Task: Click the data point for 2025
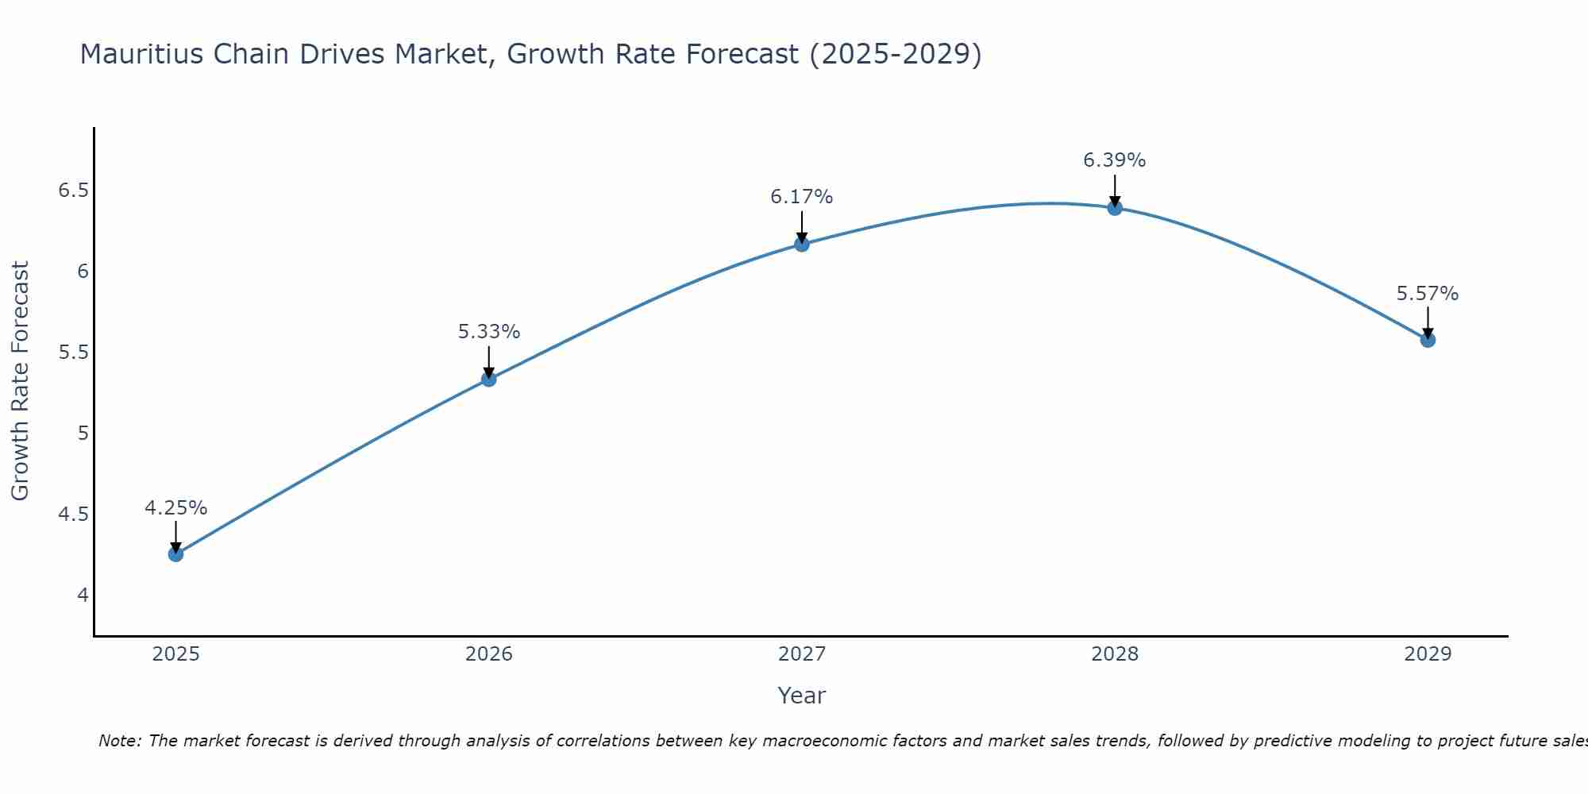(x=175, y=554)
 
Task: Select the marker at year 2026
(x=488, y=380)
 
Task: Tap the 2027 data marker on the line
(x=802, y=244)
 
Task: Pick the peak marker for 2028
(x=1115, y=208)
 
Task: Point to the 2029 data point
(x=1428, y=340)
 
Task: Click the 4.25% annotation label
(x=175, y=508)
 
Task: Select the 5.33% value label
(x=488, y=332)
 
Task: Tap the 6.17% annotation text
(x=801, y=197)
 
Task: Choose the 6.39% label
(x=1114, y=160)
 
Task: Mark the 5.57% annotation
(x=1427, y=294)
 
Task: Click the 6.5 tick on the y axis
(x=73, y=191)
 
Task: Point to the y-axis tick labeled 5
(x=83, y=434)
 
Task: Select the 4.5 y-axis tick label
(x=73, y=515)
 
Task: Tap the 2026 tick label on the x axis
(x=488, y=654)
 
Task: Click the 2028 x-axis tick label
(x=1114, y=654)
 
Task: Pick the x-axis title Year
(x=801, y=696)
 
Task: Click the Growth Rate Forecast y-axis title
(x=20, y=381)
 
